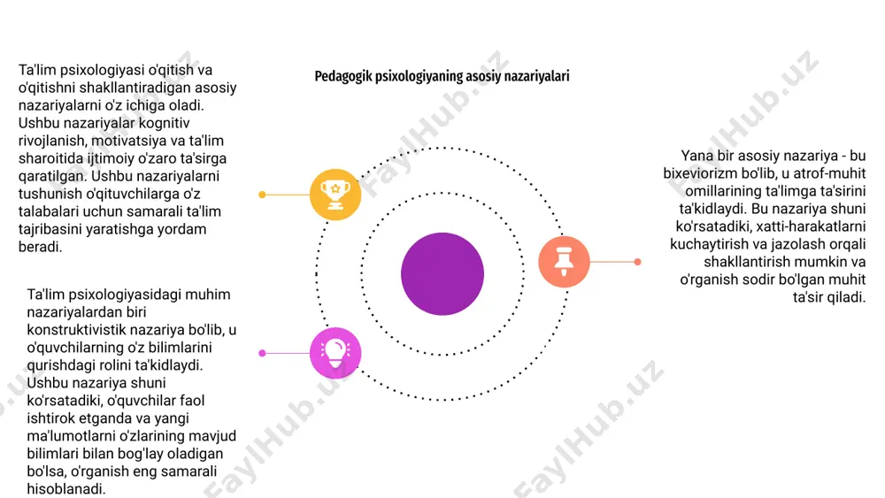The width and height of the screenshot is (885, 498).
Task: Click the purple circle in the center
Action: tap(442, 273)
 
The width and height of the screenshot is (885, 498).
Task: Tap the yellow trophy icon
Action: tap(335, 195)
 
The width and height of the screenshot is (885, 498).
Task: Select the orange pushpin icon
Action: tap(564, 262)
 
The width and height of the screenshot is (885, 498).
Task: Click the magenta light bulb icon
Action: tap(335, 353)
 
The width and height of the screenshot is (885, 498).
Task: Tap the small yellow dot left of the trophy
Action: tap(262, 195)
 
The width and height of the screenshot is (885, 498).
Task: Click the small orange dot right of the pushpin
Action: tap(637, 262)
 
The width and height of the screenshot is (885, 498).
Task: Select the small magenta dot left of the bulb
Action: tap(262, 353)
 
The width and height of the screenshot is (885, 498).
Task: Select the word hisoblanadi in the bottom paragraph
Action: tap(66, 489)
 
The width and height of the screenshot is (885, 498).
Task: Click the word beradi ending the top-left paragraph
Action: tap(40, 247)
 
